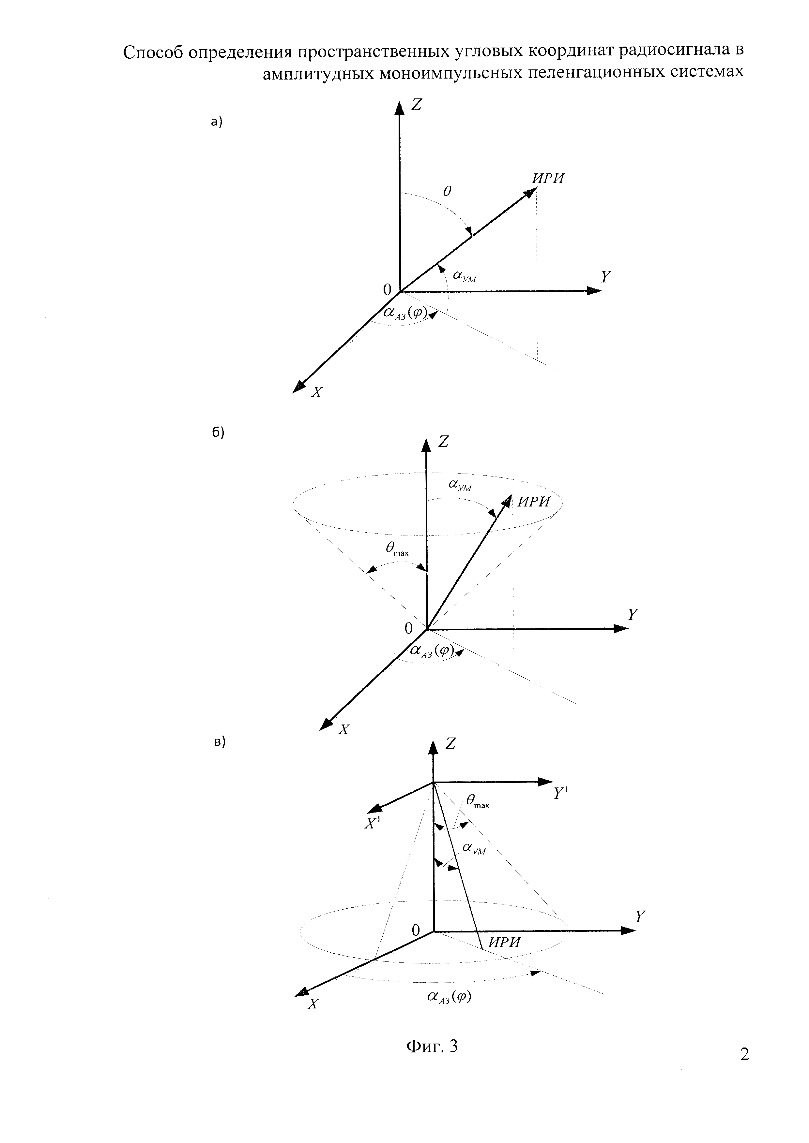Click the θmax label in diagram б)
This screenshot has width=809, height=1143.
coord(397,550)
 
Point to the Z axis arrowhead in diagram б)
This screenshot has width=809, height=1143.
coord(426,445)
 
